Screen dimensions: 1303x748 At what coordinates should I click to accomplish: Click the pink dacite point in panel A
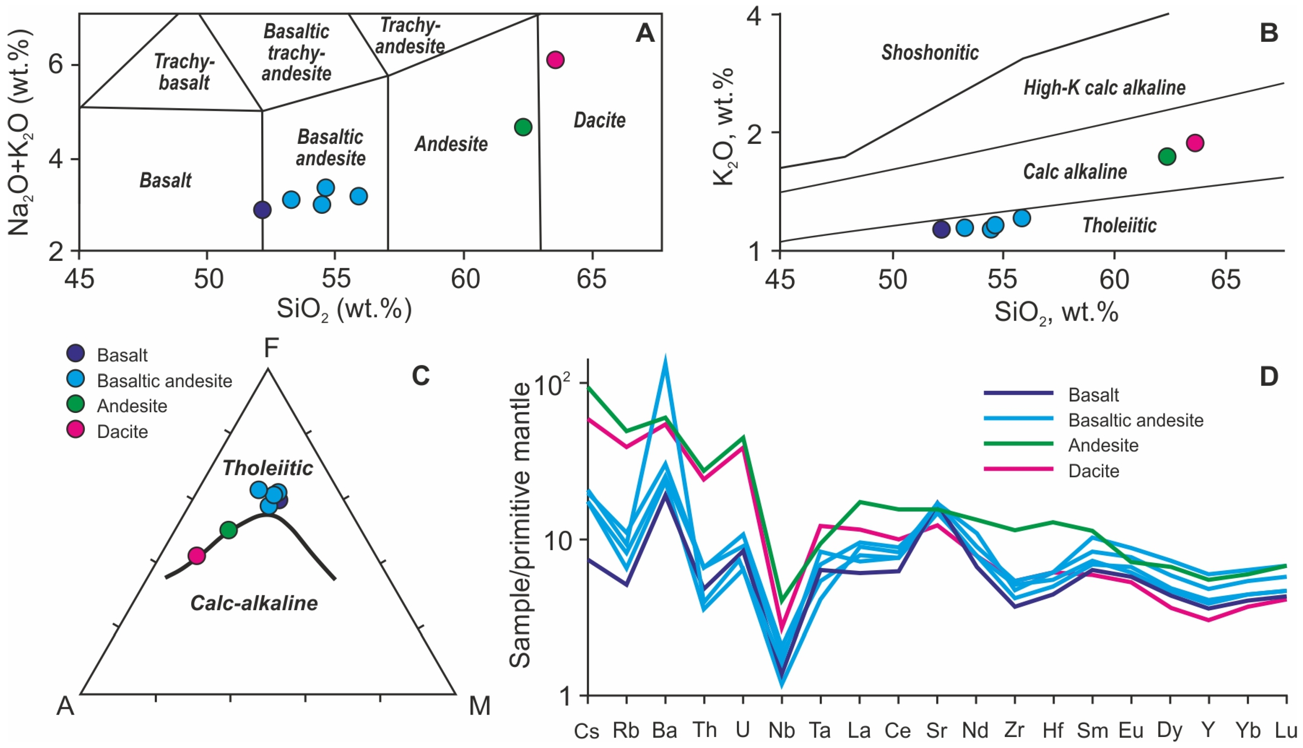555,60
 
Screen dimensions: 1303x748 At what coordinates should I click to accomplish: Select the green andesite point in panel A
523,127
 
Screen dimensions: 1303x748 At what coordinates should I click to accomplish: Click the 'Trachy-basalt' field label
184,72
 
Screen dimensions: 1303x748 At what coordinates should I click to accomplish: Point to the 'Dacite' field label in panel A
599,120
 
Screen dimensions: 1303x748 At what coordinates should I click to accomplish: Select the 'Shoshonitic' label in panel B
930,52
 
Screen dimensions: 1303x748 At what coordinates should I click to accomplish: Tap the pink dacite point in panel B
1195,143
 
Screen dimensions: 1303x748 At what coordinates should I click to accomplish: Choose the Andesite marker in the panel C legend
76,405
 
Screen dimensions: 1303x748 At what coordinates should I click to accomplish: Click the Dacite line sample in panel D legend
1019,469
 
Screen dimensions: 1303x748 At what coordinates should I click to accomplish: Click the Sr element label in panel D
937,730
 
